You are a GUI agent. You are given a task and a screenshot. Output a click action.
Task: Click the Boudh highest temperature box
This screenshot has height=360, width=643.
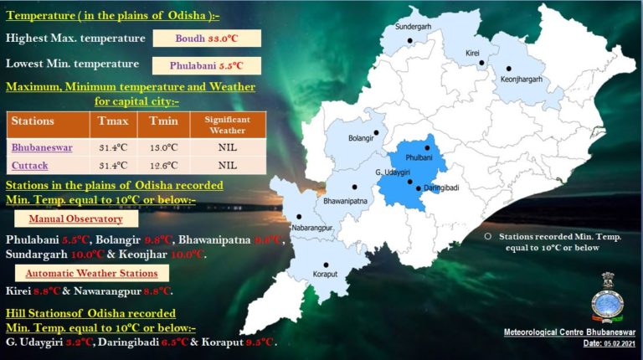pyautogui.click(x=207, y=39)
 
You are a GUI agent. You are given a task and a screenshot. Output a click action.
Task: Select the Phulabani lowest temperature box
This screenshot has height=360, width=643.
pyautogui.click(x=208, y=65)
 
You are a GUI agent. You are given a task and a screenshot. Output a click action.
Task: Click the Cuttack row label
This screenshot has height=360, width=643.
pyautogui.click(x=30, y=166)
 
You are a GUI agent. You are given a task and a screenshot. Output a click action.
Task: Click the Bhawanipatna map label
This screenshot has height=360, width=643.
pyautogui.click(x=346, y=202)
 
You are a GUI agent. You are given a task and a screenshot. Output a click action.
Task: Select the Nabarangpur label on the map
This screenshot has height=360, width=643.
pyautogui.click(x=312, y=228)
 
